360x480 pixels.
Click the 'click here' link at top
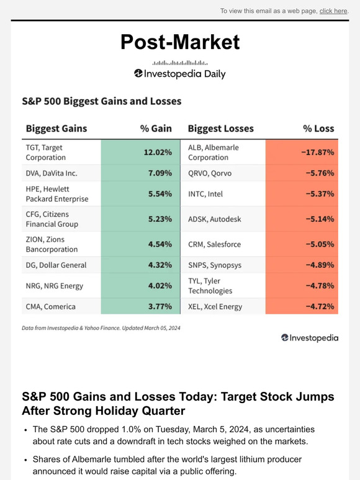(333, 11)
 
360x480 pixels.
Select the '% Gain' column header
(156, 128)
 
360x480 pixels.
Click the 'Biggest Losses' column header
(221, 128)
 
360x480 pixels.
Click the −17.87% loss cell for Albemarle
(318, 153)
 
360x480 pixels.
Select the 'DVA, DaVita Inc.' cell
(52, 173)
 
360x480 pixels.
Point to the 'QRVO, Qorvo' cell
(210, 173)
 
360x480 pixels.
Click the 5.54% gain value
(160, 193)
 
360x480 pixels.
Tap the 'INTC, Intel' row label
(206, 193)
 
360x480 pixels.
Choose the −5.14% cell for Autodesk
(320, 219)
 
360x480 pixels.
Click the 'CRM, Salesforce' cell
(214, 244)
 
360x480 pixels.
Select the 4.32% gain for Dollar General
(160, 265)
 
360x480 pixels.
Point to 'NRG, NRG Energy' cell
(53, 286)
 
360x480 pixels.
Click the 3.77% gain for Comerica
(160, 306)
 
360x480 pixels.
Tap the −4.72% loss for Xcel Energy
(320, 306)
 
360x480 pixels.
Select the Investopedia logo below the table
(310, 338)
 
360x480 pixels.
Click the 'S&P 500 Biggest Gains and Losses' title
(101, 100)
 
